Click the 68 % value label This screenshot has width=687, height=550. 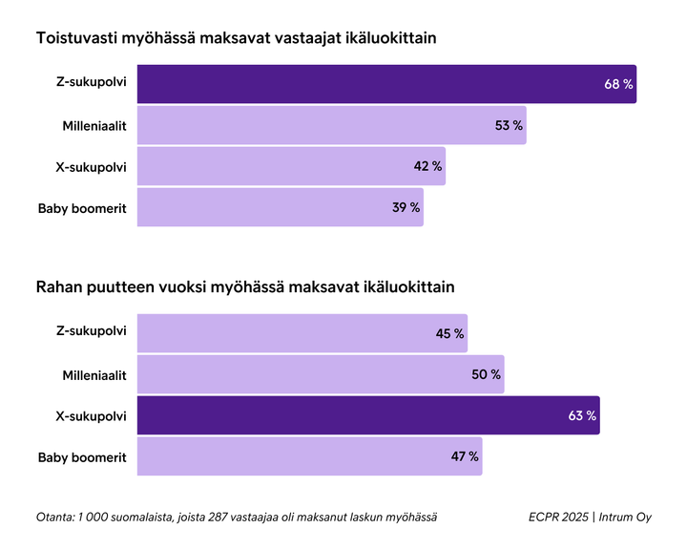(618, 84)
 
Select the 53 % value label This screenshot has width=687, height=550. (509, 125)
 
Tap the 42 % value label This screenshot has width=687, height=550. (427, 166)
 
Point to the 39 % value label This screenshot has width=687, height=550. (406, 207)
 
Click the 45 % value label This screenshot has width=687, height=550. (449, 333)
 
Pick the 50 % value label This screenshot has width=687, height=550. (486, 374)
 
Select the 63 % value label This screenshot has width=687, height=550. (581, 415)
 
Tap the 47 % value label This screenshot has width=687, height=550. (465, 456)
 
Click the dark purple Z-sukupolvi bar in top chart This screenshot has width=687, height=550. (382, 84)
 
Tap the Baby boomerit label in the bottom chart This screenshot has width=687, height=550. (82, 456)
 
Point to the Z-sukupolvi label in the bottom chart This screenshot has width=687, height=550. (92, 333)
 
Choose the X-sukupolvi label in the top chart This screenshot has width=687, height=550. (92, 166)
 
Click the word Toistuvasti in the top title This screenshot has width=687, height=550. (77, 39)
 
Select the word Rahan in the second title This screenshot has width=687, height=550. (59, 286)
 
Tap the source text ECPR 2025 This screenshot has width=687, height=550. (558, 517)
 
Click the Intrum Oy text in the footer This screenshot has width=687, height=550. (625, 517)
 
